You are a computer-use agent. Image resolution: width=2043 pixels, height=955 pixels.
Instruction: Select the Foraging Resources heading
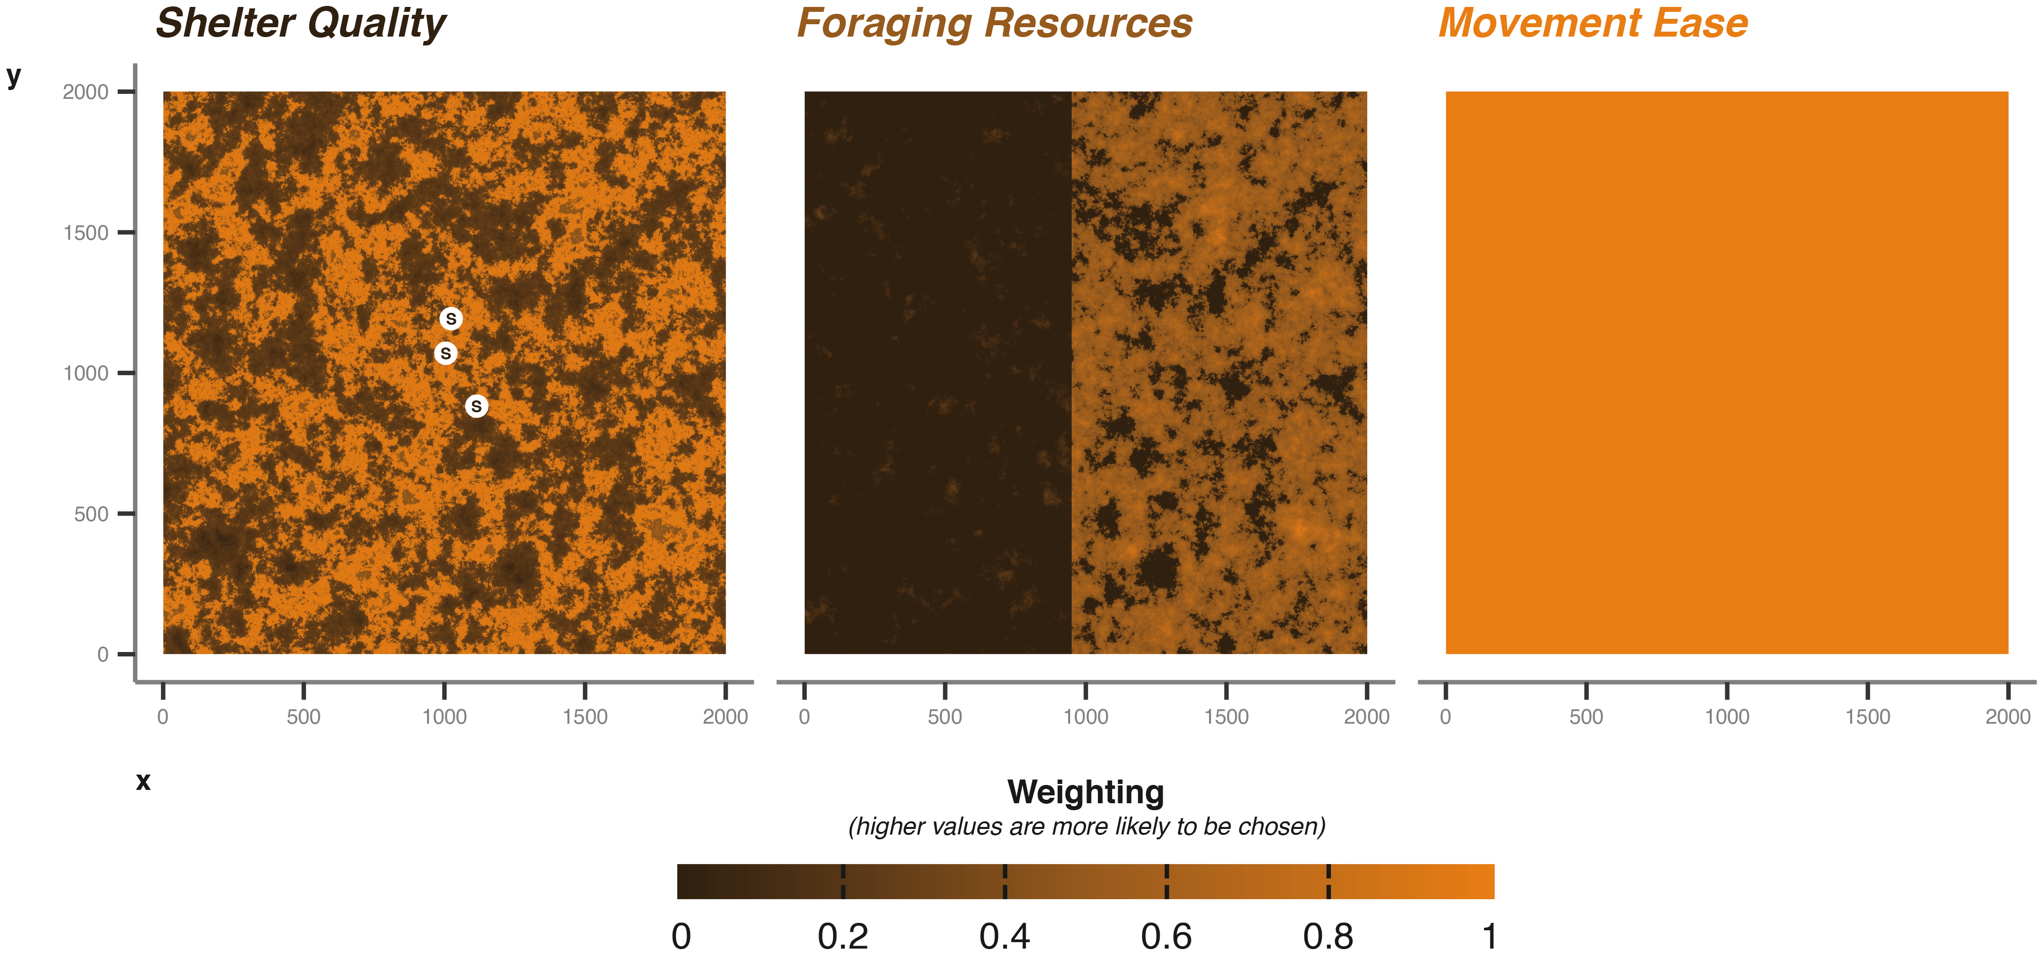click(995, 24)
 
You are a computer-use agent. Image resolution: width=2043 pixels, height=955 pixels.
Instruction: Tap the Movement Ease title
click(1593, 24)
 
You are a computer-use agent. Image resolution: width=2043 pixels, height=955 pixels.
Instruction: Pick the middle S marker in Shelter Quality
click(446, 353)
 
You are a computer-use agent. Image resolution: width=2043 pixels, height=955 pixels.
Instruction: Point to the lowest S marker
click(476, 406)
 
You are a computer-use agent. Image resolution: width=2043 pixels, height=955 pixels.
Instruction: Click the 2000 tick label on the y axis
click(86, 92)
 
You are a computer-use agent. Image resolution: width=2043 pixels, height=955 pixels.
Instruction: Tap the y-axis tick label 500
click(91, 515)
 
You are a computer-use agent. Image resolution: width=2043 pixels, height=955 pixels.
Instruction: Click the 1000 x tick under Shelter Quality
click(444, 717)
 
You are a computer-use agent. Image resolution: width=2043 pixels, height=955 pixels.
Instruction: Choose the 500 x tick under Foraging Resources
click(945, 717)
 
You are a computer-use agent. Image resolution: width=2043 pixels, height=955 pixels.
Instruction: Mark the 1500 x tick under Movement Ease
click(1868, 717)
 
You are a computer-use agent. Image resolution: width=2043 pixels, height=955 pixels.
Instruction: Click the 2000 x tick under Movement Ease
click(2007, 717)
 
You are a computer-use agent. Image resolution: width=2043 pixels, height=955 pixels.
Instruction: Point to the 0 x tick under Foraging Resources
click(804, 717)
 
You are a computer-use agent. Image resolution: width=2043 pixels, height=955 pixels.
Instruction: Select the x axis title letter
click(143, 781)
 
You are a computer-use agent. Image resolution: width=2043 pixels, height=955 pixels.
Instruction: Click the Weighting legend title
click(1086, 792)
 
